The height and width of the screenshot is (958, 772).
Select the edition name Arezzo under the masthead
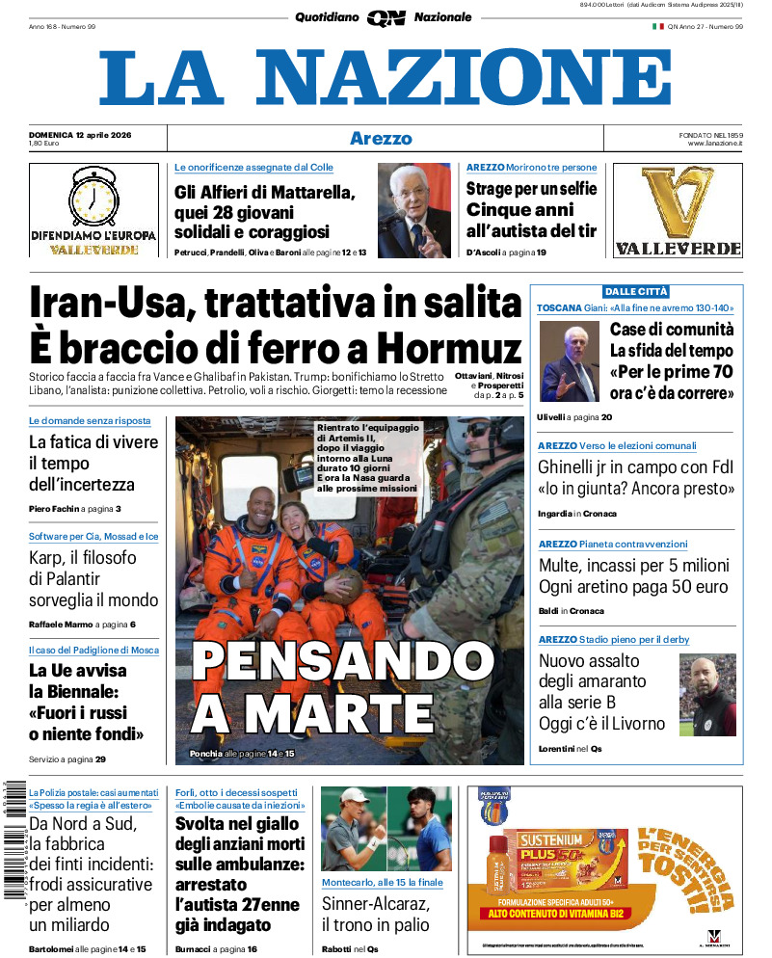pyautogui.click(x=381, y=139)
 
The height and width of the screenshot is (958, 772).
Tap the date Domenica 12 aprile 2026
pyautogui.click(x=80, y=134)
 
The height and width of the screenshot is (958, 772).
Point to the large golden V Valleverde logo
pyautogui.click(x=678, y=200)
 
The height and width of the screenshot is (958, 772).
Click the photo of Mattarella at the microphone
pyautogui.click(x=413, y=210)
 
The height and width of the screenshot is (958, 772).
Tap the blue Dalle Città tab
pyautogui.click(x=635, y=291)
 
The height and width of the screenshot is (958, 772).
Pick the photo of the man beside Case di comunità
pyautogui.click(x=570, y=359)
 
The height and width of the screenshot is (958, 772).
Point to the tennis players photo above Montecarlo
pyautogui.click(x=386, y=829)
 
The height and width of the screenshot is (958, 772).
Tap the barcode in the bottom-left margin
pyautogui.click(x=12, y=838)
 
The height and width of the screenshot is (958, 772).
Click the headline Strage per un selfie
pyautogui.click(x=531, y=189)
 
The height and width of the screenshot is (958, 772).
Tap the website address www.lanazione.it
pyautogui.click(x=715, y=144)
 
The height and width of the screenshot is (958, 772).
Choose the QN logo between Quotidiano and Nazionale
pyautogui.click(x=386, y=17)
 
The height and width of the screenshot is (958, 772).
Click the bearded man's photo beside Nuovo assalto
pyautogui.click(x=707, y=694)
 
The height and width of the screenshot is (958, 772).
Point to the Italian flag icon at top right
pyautogui.click(x=658, y=26)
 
